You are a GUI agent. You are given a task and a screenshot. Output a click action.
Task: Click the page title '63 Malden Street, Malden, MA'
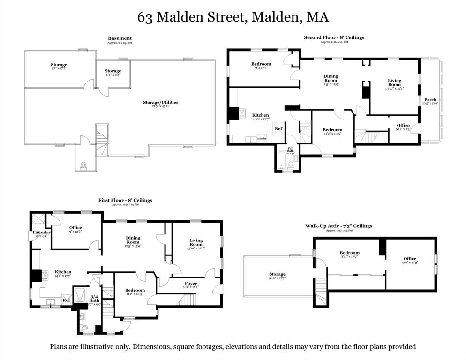(x=233, y=17)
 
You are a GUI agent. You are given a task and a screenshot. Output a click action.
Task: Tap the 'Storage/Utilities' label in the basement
(x=161, y=102)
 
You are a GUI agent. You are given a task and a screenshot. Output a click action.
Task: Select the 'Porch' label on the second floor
(x=430, y=100)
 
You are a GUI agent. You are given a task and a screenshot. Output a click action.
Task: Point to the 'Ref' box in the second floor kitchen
(x=278, y=128)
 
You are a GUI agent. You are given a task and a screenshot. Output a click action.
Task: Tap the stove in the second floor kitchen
(x=242, y=112)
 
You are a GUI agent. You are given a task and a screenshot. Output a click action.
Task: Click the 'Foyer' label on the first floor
(x=191, y=283)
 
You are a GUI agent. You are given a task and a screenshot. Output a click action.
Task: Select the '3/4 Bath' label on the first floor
(x=94, y=297)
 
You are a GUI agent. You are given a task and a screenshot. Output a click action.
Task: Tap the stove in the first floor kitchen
(x=45, y=275)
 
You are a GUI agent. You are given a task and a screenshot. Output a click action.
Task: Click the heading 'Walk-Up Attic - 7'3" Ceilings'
(x=338, y=226)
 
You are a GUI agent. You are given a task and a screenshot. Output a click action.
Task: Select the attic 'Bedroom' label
(x=350, y=253)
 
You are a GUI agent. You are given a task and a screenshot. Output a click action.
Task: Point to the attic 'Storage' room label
(x=277, y=274)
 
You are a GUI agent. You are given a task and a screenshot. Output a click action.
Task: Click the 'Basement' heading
(x=120, y=38)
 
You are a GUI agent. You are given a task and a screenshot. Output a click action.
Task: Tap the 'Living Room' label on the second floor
(x=394, y=82)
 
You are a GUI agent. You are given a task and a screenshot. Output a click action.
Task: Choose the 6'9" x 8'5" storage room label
(x=113, y=71)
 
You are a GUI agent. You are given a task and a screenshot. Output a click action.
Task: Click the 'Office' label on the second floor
(x=403, y=125)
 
